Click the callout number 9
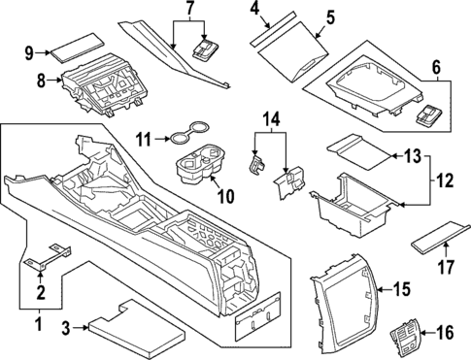pos(29,53)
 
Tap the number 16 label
pos(445,333)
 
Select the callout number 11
pos(143,141)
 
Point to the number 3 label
pos(66,328)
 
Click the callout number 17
pos(446,267)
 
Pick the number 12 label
pos(445,181)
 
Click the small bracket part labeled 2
pos(49,256)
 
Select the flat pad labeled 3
pos(137,330)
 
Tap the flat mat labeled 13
pos(360,151)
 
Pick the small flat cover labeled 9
pos(79,47)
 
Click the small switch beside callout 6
pos(428,115)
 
